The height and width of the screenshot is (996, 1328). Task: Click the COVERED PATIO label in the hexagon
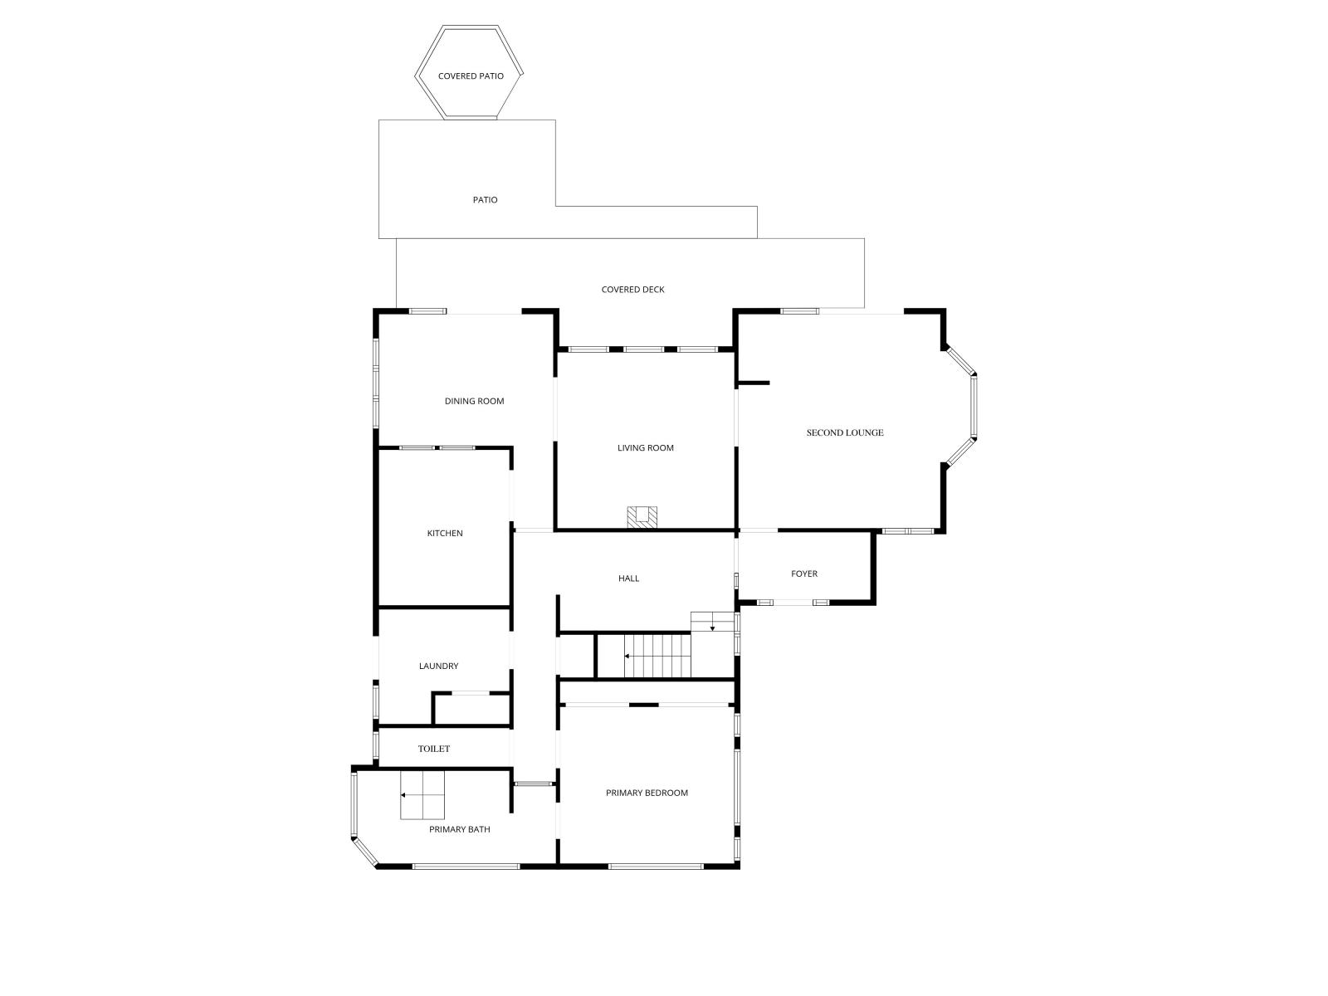click(x=470, y=76)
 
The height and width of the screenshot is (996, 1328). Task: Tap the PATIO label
click(x=485, y=199)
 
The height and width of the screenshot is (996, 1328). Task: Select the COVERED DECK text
click(x=632, y=290)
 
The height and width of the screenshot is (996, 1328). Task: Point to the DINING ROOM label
click(x=474, y=401)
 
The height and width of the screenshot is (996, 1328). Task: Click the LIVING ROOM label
click(x=645, y=448)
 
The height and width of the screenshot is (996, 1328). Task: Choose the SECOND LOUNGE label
click(x=844, y=432)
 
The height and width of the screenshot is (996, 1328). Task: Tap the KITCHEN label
click(x=445, y=534)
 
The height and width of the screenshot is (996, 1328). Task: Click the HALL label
click(x=628, y=579)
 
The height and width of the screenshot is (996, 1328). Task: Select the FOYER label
click(x=803, y=574)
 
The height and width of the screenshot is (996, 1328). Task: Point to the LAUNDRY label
click(x=438, y=666)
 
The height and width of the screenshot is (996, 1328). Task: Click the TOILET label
click(x=433, y=749)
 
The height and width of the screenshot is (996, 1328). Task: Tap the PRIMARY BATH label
click(x=459, y=829)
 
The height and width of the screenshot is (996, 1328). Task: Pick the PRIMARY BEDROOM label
click(x=646, y=793)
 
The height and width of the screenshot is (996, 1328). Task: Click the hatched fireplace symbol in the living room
click(x=642, y=518)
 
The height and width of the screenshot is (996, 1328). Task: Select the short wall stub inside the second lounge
click(x=753, y=383)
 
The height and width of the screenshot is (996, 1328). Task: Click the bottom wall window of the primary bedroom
click(x=656, y=867)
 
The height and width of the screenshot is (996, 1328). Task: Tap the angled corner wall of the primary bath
click(x=365, y=853)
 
